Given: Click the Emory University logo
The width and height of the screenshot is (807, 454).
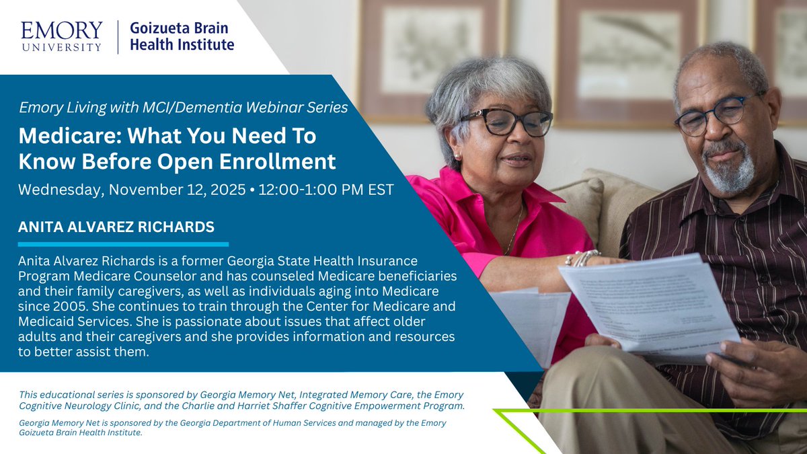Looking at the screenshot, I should coord(61,36).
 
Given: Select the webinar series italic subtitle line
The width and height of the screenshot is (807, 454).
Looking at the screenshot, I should coord(183,106).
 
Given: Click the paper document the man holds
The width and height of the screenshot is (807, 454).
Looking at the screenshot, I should coord(646,303).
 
